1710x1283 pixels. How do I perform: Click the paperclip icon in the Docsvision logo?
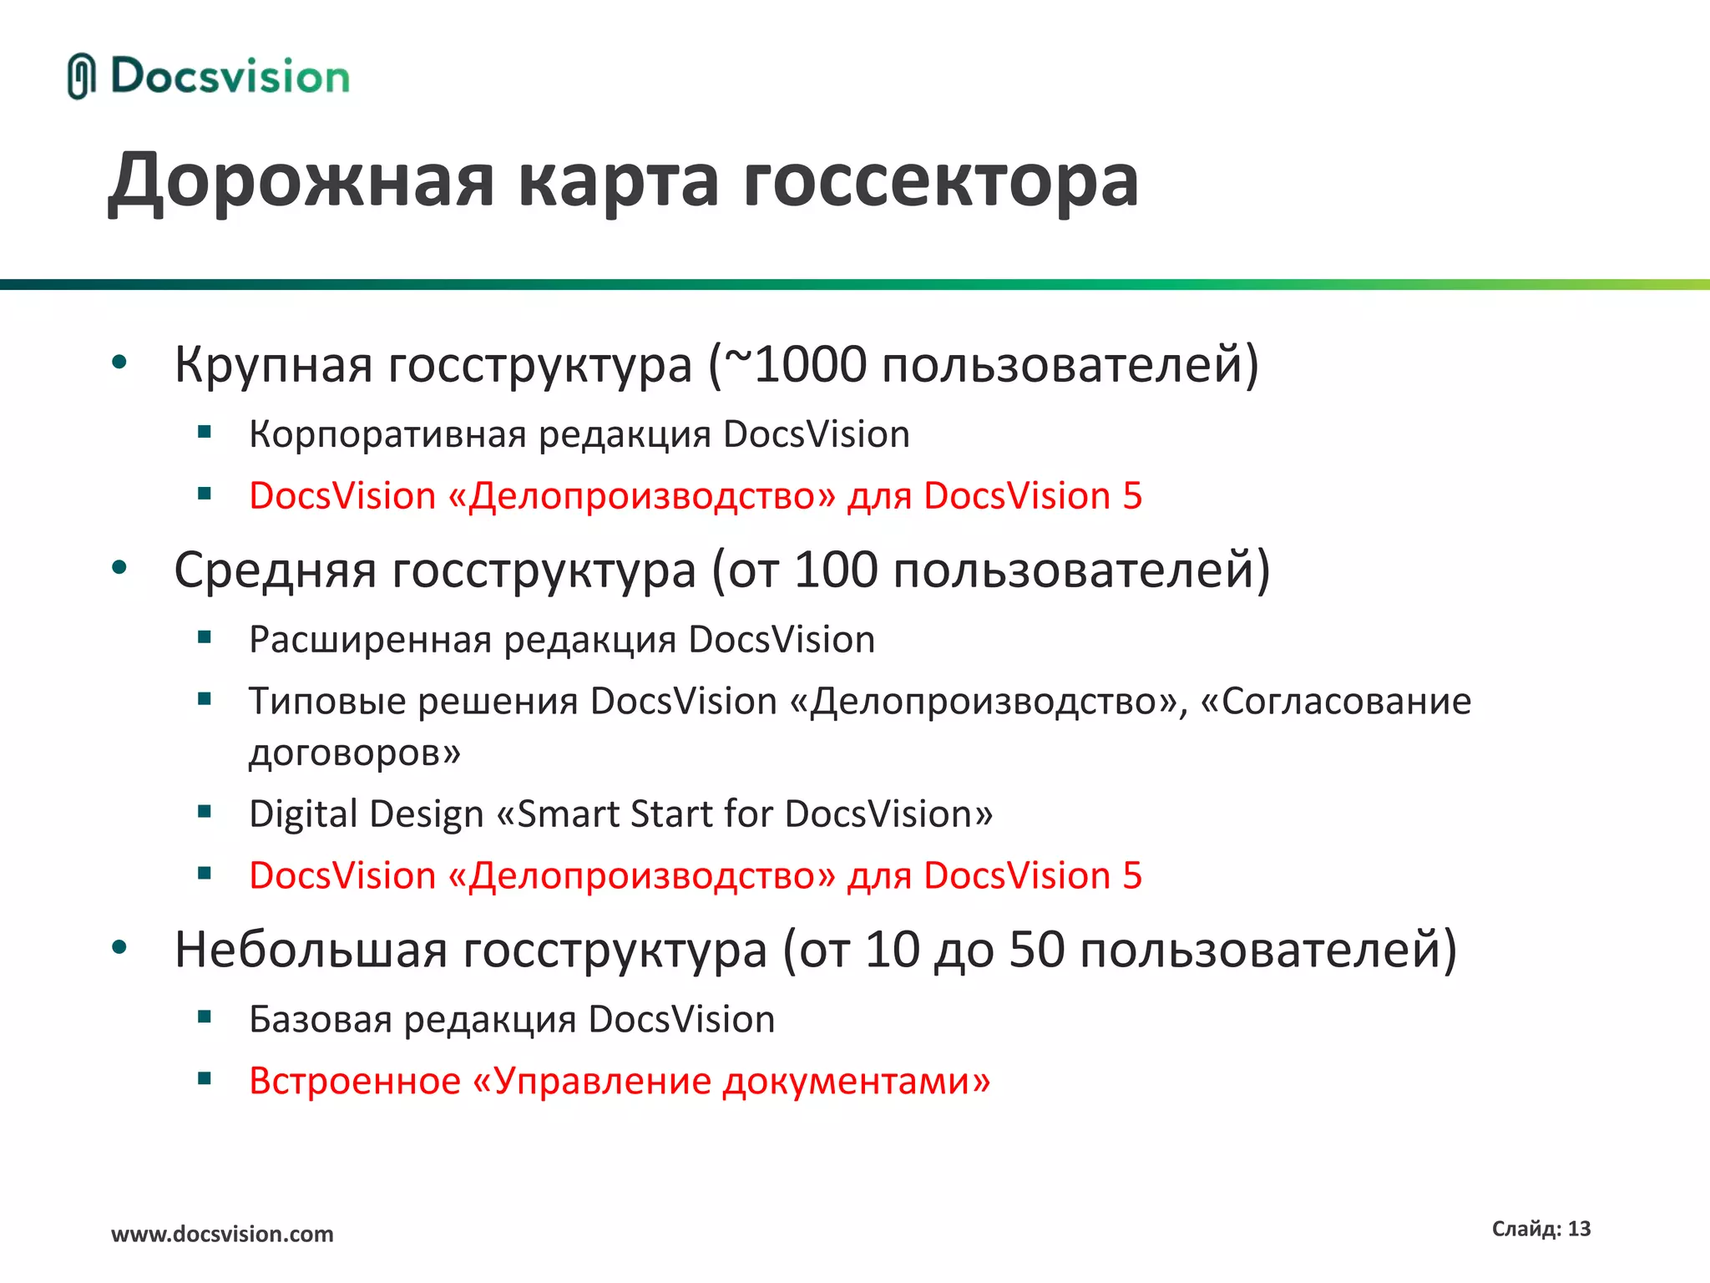pyautogui.click(x=80, y=76)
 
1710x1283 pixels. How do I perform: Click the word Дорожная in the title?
pyautogui.click(x=301, y=180)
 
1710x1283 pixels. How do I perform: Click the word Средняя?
pyautogui.click(x=275, y=570)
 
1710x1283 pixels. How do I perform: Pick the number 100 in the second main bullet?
pyautogui.click(x=836, y=570)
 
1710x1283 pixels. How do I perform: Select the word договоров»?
pyautogui.click(x=354, y=753)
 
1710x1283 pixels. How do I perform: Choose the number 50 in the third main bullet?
pyautogui.click(x=1036, y=950)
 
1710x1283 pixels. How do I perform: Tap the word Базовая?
pyautogui.click(x=320, y=1020)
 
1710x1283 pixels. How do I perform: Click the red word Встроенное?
pyautogui.click(x=355, y=1081)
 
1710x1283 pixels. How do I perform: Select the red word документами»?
pyautogui.click(x=857, y=1081)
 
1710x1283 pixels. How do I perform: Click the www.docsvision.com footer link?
pyautogui.click(x=222, y=1234)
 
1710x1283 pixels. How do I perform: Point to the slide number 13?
pyautogui.click(x=1579, y=1229)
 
